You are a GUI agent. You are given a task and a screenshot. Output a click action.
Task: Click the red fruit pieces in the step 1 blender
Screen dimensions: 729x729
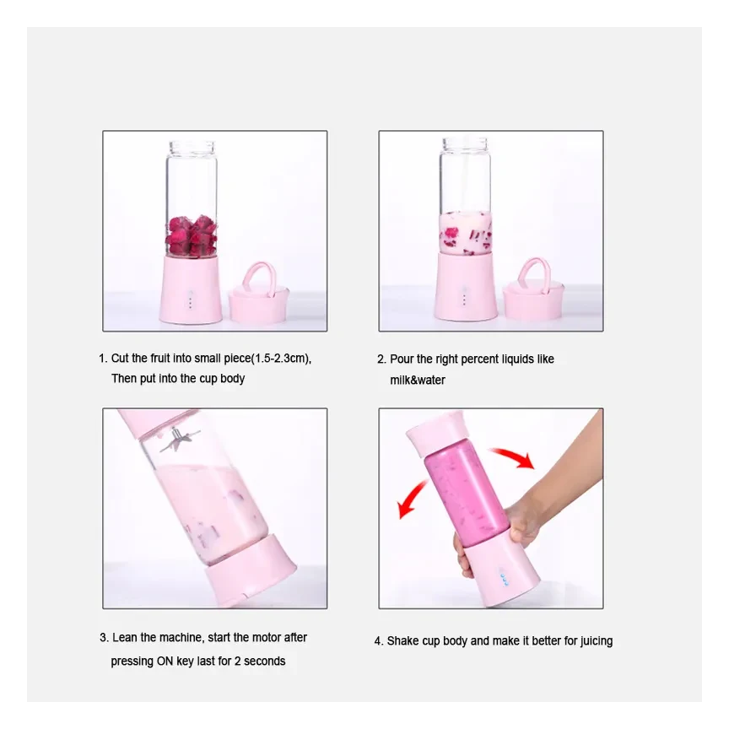click(191, 235)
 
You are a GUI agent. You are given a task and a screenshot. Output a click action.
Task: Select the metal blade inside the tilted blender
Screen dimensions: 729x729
click(178, 441)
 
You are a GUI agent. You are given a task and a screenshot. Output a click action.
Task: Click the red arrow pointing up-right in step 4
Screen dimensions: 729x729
click(514, 457)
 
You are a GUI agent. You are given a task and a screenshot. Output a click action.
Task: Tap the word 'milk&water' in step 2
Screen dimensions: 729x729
click(417, 381)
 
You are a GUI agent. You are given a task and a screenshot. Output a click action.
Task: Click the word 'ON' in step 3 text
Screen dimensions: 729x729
click(166, 661)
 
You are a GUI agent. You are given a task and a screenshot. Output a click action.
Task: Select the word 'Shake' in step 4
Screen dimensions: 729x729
click(402, 641)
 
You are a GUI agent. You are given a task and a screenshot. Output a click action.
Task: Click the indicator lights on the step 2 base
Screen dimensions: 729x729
click(463, 297)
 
